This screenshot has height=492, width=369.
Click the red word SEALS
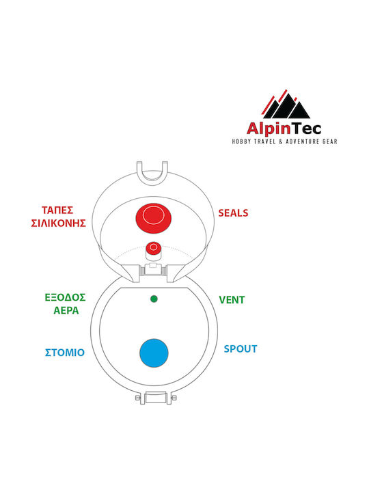[x=233, y=213]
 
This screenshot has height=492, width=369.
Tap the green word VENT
[x=232, y=300]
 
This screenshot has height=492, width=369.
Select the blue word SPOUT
[x=241, y=349]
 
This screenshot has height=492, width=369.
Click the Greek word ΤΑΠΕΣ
[x=57, y=210]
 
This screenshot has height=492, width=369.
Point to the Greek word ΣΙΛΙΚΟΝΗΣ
[x=58, y=223]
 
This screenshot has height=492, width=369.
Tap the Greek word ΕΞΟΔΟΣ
[x=66, y=297]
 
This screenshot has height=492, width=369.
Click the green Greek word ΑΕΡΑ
[x=66, y=310]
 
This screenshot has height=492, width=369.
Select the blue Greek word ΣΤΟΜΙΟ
[x=65, y=353]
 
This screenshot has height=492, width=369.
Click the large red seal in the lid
[x=154, y=219]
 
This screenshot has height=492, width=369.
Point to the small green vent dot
[x=154, y=299]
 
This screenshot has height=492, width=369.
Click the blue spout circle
[x=154, y=353]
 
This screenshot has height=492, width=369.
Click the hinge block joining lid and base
[x=153, y=270]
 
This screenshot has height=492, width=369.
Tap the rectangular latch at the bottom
[x=155, y=398]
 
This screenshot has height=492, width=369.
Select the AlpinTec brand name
[x=284, y=129]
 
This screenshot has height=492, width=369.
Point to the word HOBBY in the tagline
[x=241, y=141]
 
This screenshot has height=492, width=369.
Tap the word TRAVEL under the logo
[x=264, y=141]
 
